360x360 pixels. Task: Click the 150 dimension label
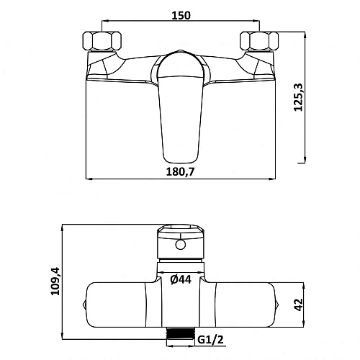pos(181,15)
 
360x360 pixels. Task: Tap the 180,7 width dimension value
pos(181,172)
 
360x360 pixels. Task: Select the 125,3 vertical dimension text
pos(299,97)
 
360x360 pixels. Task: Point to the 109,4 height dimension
pos(55,281)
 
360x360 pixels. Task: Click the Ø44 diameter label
pos(181,279)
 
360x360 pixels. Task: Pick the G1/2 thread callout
pos(211,340)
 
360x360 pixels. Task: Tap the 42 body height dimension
pos(299,305)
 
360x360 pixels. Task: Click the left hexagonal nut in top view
pos(102,41)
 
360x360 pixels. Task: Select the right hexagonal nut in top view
pos(259,41)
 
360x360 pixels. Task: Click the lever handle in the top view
pos(181,108)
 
